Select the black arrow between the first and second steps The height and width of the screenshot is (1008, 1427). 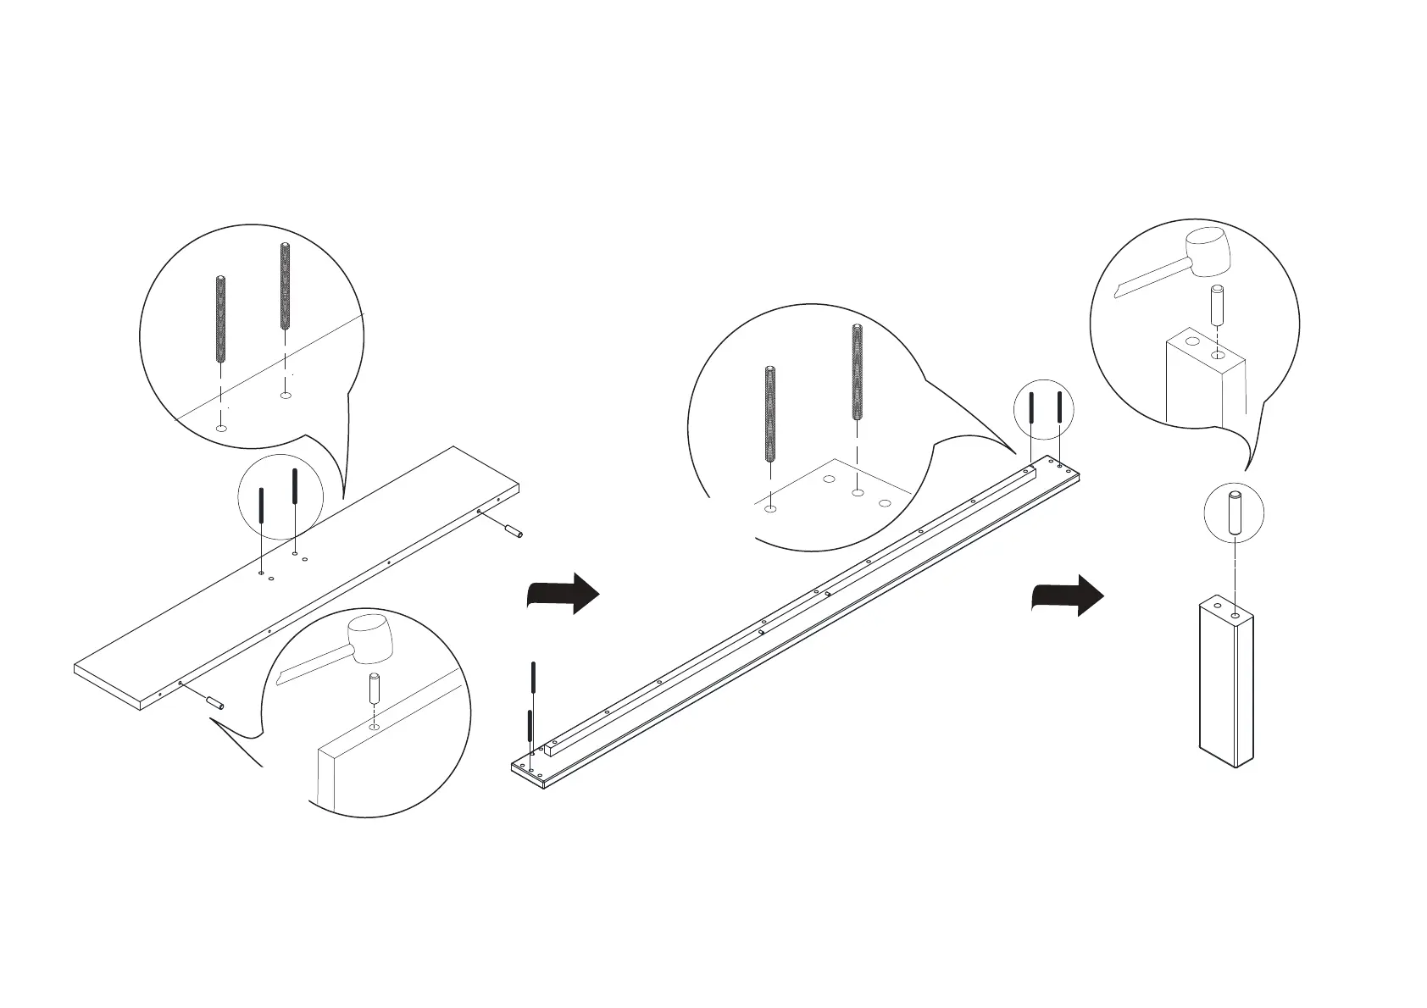pos(564,594)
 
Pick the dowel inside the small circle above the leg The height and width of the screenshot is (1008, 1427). pos(1235,512)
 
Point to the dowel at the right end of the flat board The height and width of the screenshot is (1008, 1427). pos(514,531)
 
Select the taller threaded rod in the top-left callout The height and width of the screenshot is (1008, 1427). pos(285,286)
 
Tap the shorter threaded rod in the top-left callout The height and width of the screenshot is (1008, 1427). pos(220,319)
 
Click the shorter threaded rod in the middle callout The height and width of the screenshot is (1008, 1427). pos(770,414)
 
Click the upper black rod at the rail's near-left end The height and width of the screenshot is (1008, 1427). pos(533,678)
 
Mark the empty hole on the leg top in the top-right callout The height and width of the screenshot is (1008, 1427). pos(1192,342)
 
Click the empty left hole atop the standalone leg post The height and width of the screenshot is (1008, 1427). pos(1219,606)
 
